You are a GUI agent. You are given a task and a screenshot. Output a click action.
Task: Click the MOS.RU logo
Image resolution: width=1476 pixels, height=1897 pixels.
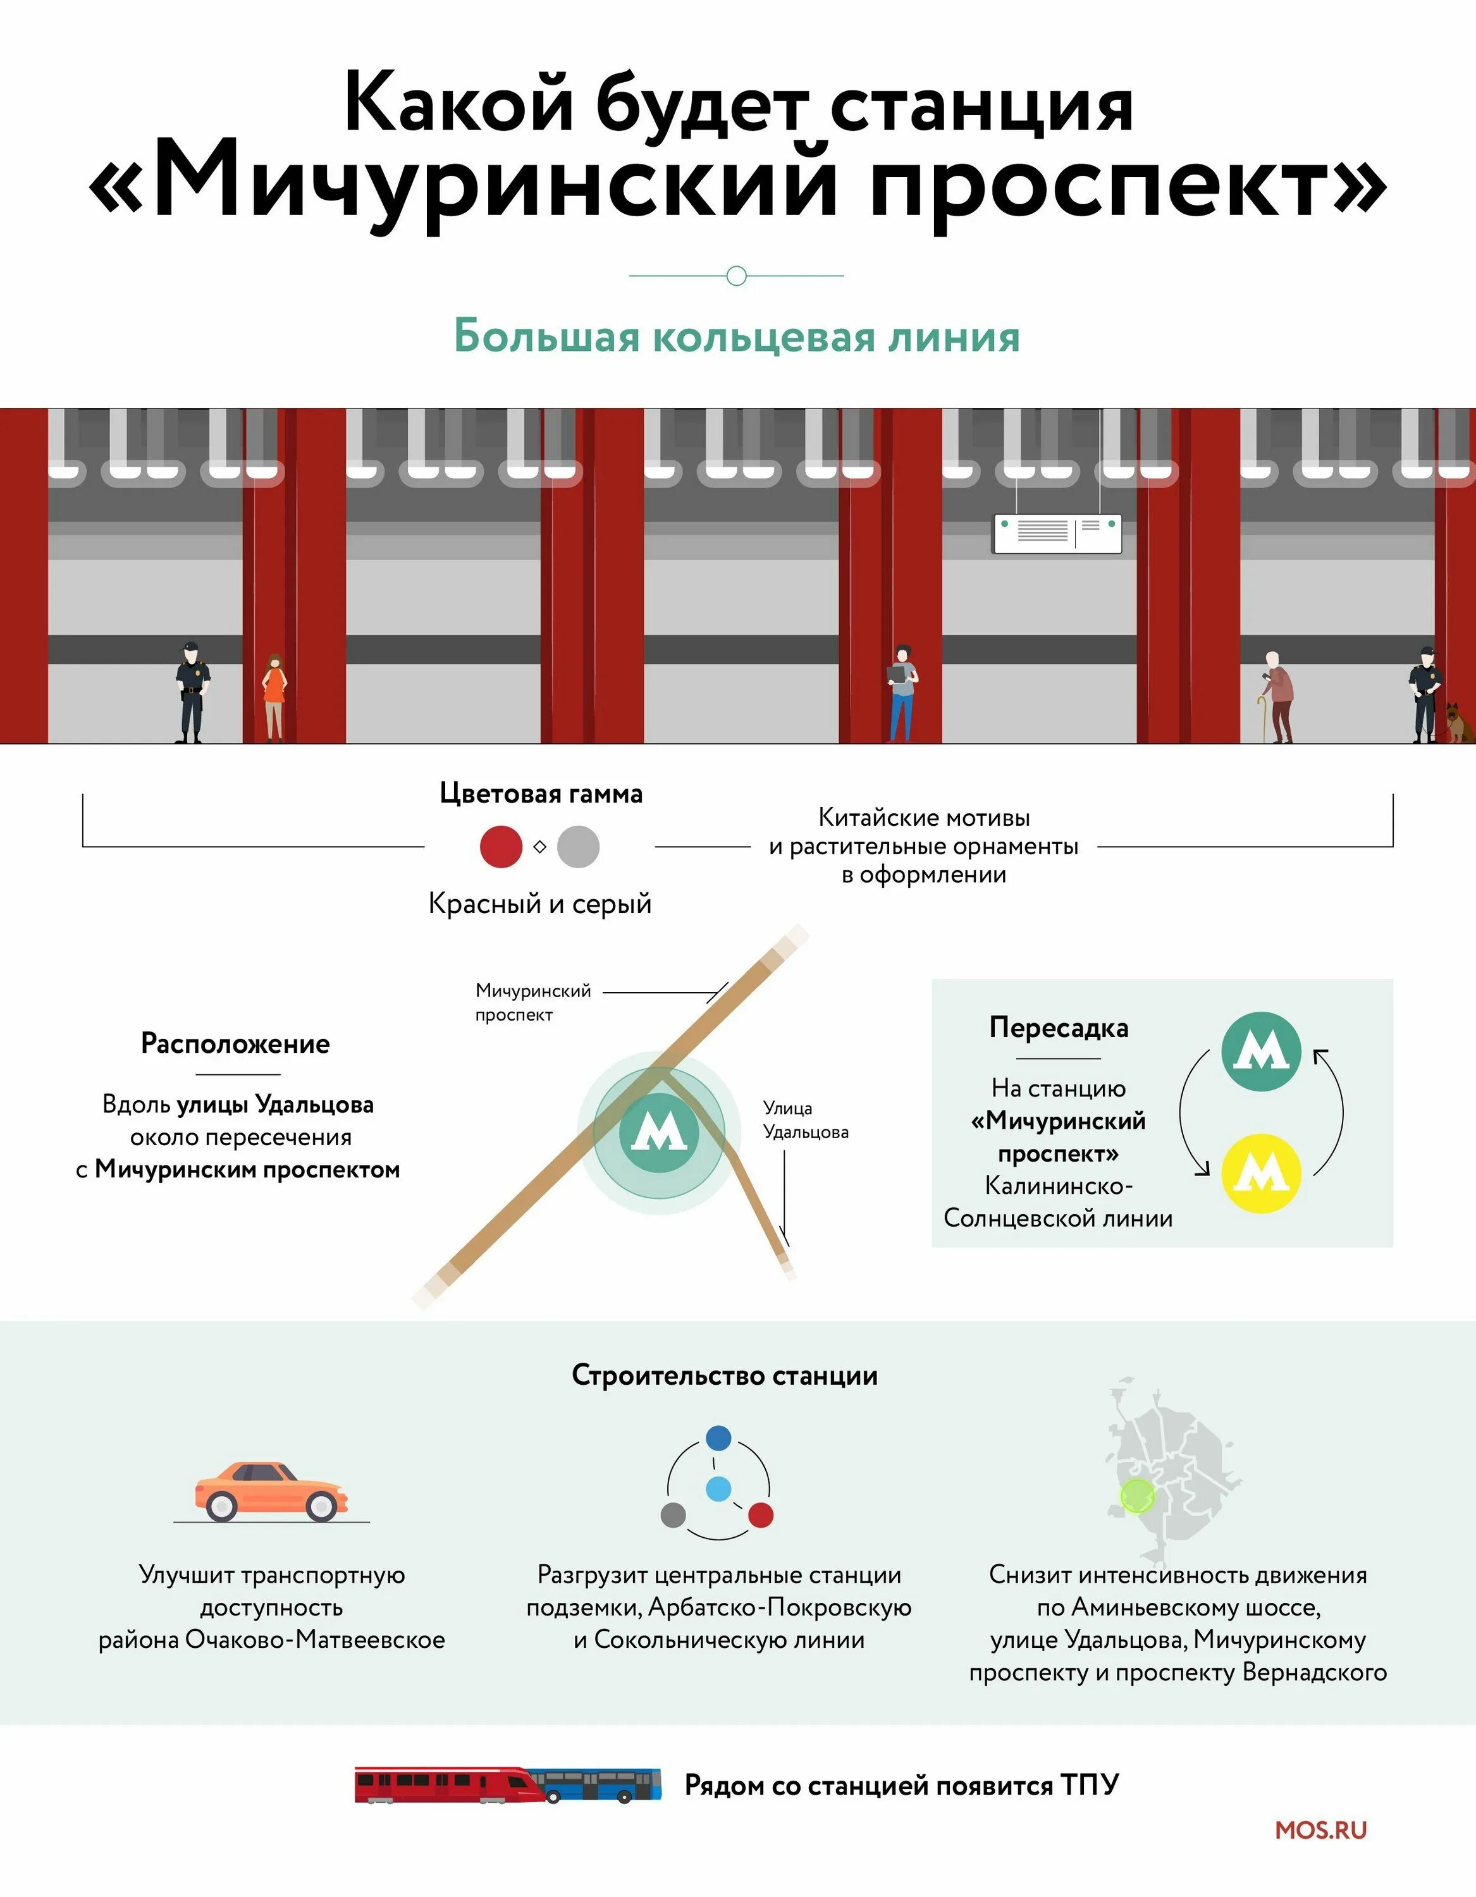tap(1320, 1829)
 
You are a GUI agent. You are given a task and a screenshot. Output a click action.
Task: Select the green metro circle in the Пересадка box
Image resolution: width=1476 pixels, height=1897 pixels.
tap(1260, 1052)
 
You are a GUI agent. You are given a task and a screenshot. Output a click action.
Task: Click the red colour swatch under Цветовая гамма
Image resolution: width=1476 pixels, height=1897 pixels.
tap(501, 847)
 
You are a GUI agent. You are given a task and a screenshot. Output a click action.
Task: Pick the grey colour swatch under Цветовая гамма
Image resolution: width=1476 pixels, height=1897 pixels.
tap(579, 847)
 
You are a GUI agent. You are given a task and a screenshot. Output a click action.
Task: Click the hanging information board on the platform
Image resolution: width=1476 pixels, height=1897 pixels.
tap(1057, 532)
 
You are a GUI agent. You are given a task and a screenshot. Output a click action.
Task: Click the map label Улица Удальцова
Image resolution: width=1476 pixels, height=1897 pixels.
tap(805, 1120)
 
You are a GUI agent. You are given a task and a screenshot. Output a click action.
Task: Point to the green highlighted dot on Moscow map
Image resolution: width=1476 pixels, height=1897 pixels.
tap(1137, 1495)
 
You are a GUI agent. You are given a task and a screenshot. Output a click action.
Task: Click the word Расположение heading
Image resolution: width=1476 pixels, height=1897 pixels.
tap(235, 1043)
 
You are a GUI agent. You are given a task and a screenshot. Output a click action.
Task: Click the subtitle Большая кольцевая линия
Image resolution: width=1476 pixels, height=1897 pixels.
tap(737, 337)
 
